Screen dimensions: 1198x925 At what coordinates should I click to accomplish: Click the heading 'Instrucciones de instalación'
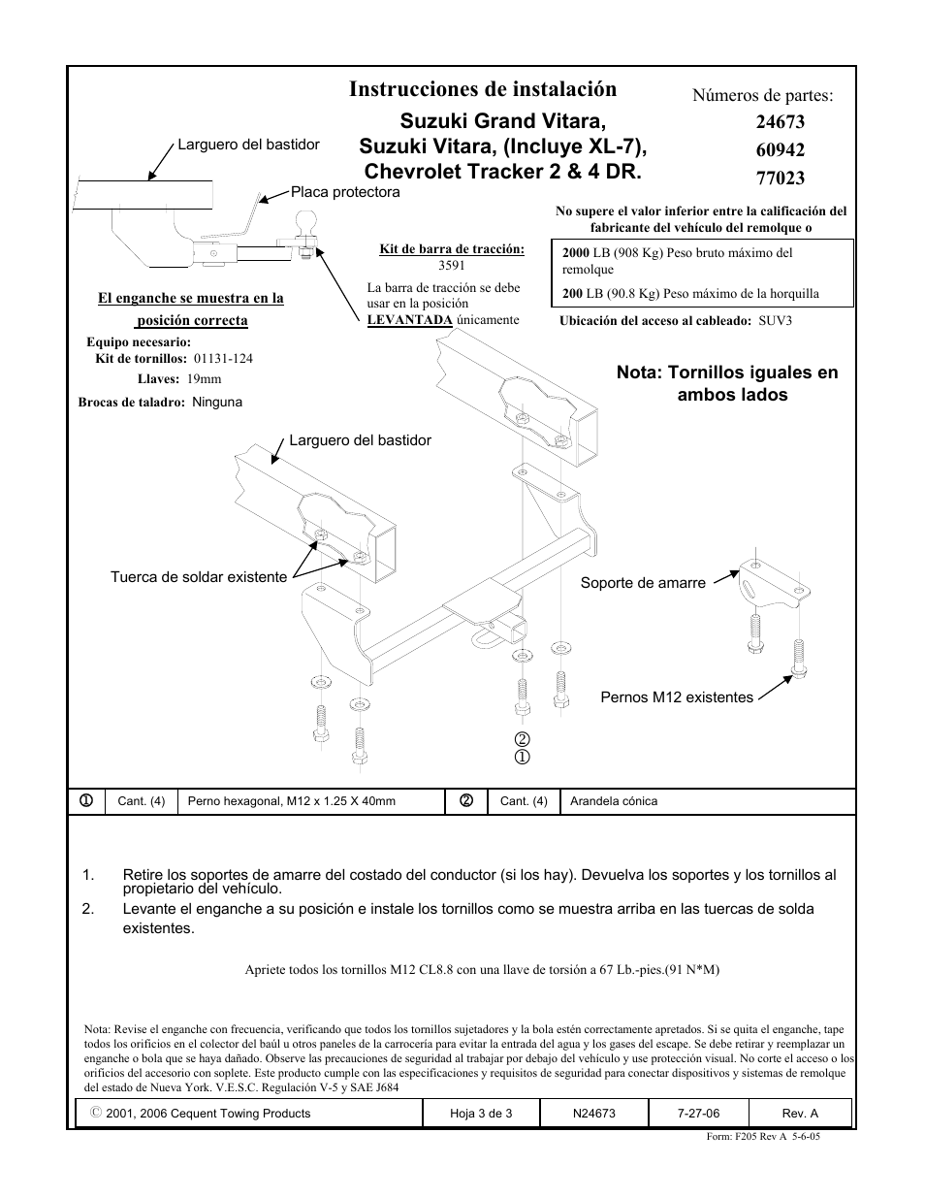pos(482,89)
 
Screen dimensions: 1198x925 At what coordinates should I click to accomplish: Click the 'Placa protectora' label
pos(345,192)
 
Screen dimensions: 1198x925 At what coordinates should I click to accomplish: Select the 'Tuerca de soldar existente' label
pos(199,577)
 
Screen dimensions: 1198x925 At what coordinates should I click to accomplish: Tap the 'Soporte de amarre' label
pos(643,583)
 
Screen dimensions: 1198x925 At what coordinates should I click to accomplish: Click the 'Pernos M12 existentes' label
pos(677,697)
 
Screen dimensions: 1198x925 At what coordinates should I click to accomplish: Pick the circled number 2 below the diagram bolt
pos(522,740)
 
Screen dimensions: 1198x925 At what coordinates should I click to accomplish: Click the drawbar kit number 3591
pos(452,265)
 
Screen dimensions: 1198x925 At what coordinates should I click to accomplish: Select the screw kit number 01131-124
pos(223,358)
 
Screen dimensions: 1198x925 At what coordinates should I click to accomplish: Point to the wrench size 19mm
pos(204,379)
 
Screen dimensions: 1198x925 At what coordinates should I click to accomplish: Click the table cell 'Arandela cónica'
pos(613,801)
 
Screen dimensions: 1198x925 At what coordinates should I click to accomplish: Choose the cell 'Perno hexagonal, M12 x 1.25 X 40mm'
pos(291,801)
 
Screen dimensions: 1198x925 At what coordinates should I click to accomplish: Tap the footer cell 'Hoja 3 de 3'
pos(481,1114)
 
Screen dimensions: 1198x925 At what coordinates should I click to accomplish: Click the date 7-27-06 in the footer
pos(698,1114)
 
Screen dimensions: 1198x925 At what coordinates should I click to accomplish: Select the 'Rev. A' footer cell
pos(800,1114)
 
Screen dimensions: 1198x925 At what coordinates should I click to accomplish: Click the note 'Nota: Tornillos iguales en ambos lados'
pos(727,383)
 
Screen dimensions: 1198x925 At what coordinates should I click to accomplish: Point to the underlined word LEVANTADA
pos(409,320)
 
